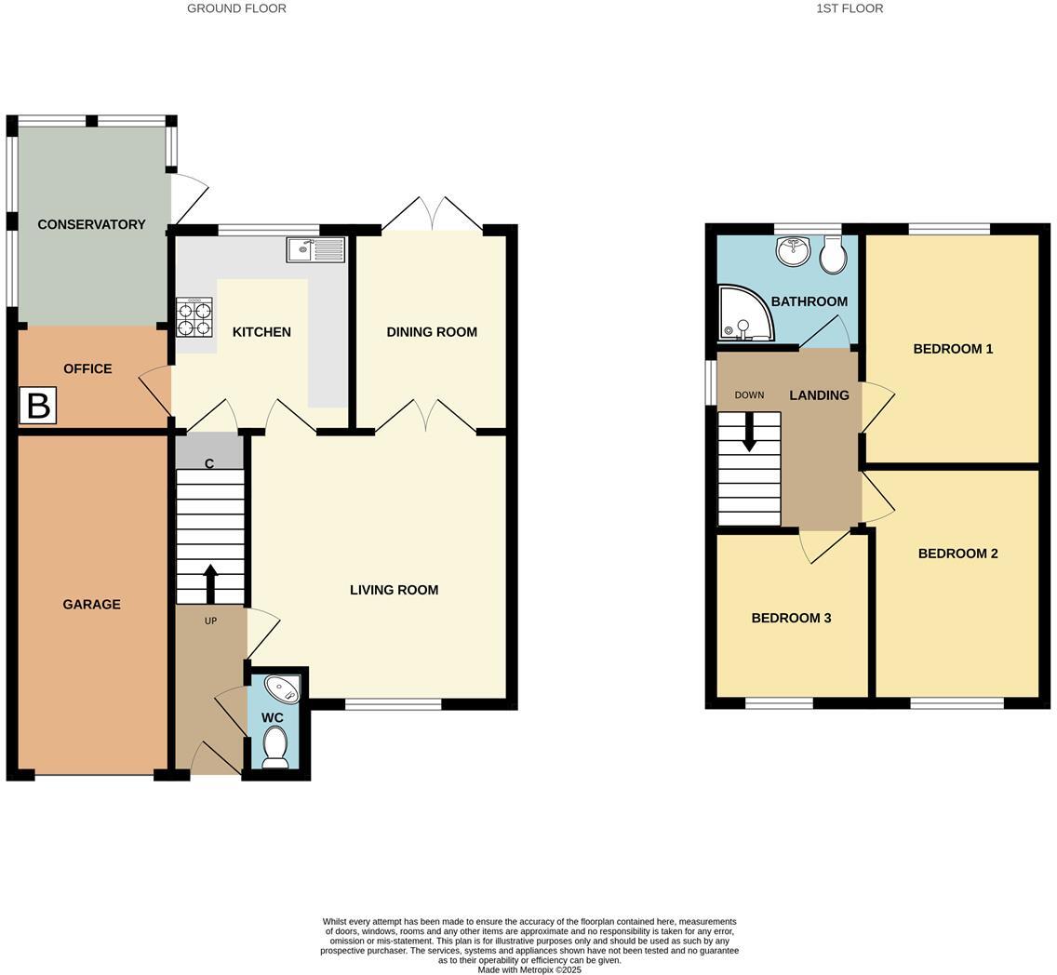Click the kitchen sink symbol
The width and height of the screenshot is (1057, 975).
315,249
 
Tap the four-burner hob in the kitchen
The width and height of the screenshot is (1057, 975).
194,316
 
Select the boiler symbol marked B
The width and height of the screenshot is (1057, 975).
38,406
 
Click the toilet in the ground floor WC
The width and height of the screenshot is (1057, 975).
275,746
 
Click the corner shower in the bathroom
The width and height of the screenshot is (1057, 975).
744,313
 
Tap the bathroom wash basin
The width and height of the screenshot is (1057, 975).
793,249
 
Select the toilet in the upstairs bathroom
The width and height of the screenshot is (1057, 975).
833,254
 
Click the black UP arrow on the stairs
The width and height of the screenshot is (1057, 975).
210,583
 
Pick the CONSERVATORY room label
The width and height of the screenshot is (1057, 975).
91,224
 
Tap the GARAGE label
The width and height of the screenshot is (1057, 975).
91,604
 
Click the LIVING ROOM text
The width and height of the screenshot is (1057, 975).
394,590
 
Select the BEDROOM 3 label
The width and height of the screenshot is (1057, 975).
791,618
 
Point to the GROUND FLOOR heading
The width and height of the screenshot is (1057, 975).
236,8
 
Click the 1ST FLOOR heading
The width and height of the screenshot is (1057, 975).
849,8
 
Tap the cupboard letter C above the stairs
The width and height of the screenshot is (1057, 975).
209,463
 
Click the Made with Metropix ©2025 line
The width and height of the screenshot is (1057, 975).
529,969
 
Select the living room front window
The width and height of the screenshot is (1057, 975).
393,704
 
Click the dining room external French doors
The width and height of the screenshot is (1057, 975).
432,214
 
